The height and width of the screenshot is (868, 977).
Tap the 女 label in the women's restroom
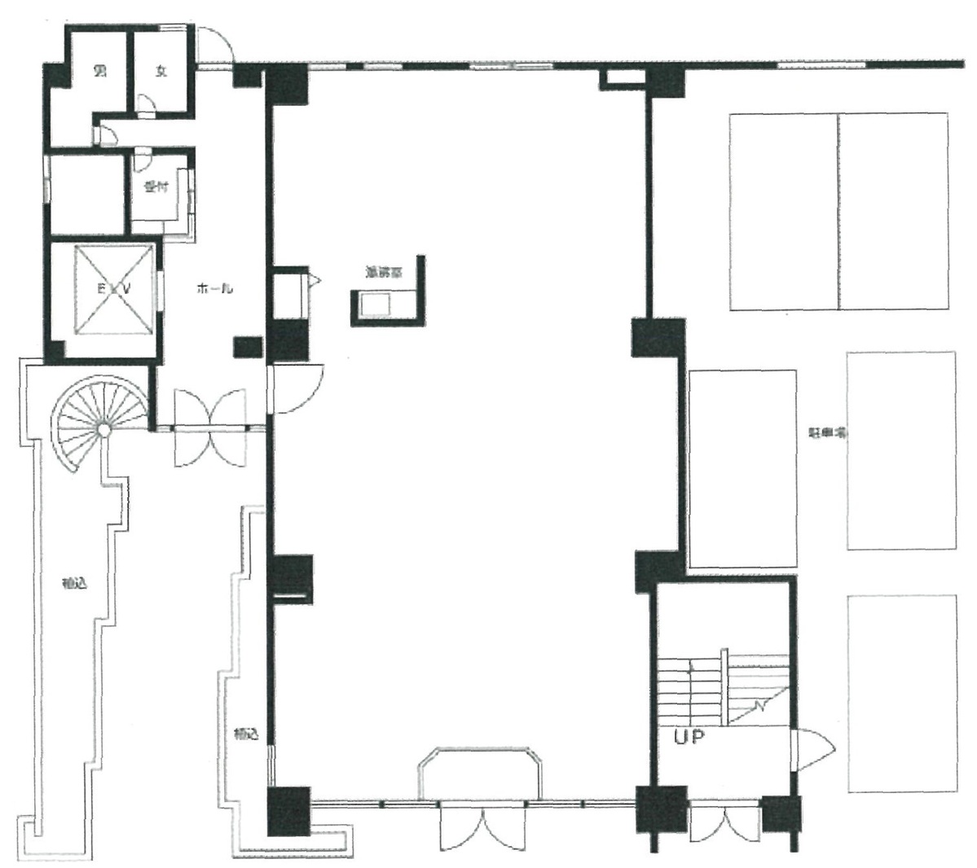(x=161, y=72)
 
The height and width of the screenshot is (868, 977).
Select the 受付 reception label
(x=156, y=188)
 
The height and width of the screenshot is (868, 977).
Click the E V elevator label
(x=114, y=288)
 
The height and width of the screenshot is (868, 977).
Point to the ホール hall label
(x=215, y=288)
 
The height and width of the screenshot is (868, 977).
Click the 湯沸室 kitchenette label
(x=383, y=274)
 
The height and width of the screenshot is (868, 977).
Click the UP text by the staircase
(x=689, y=737)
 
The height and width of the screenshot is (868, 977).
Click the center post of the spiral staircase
(x=103, y=428)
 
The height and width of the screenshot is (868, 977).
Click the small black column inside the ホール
(x=246, y=347)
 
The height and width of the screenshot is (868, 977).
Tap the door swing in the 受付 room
(x=141, y=160)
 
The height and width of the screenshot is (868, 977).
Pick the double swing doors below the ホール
(x=209, y=427)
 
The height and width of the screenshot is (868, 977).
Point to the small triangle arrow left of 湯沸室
(x=317, y=280)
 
